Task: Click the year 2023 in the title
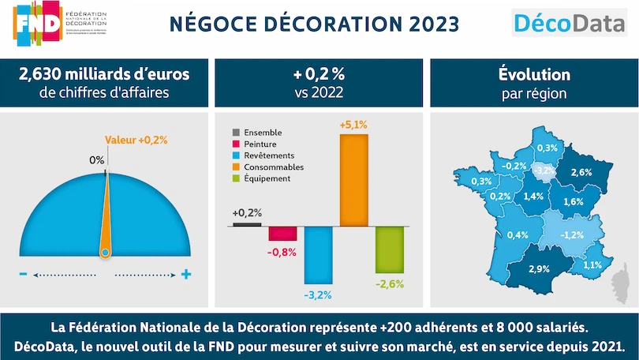tap(428, 23)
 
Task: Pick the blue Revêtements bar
tap(318, 255)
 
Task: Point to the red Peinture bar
tap(282, 234)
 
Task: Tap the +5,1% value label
tap(353, 125)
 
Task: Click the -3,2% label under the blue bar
tap(319, 295)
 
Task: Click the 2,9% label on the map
tap(539, 269)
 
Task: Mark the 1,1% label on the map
tap(593, 264)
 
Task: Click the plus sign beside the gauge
tap(186, 275)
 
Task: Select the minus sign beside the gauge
tap(23, 275)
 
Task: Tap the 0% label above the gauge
tap(97, 160)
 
